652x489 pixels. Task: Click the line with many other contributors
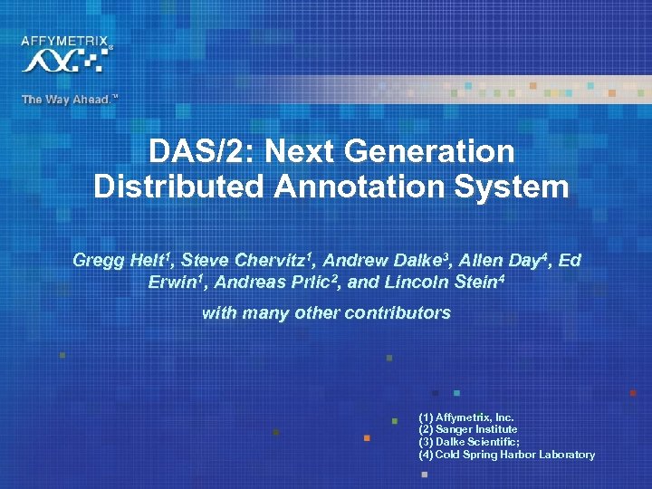click(326, 313)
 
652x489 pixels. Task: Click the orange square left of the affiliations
click(367, 438)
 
